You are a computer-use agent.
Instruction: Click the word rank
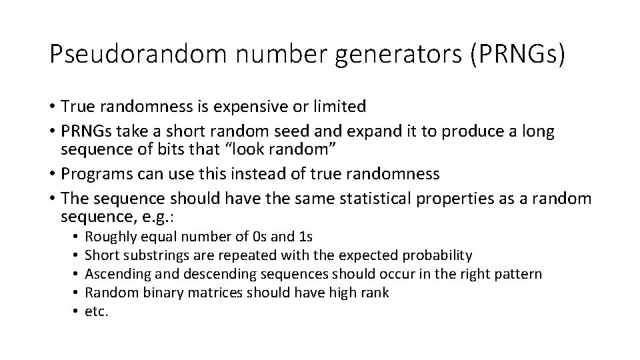click(375, 292)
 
